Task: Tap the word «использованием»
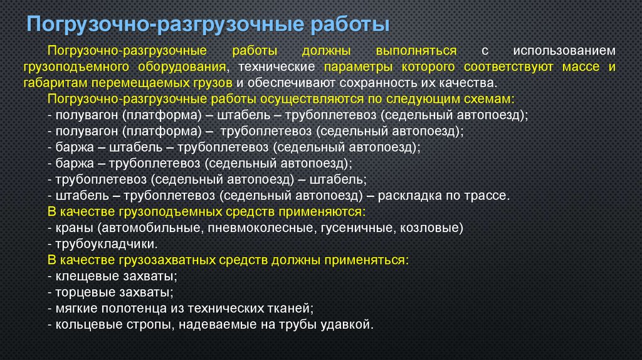coord(564,50)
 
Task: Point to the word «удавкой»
coord(350,325)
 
